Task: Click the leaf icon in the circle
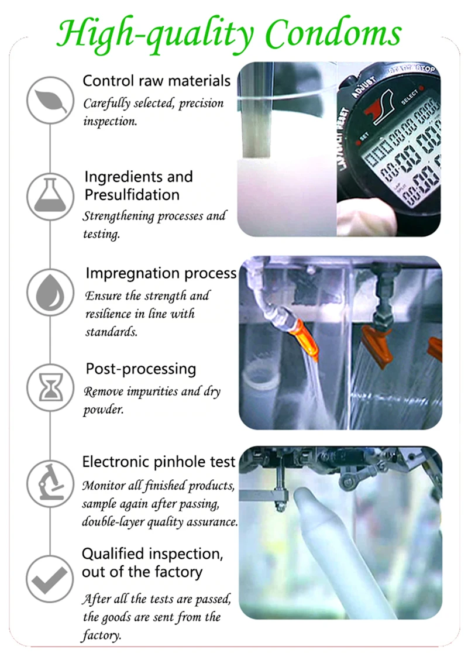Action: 51,101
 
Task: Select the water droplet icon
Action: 50,291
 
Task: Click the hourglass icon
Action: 50,387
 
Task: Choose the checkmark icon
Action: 50,579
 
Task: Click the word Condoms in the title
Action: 333,33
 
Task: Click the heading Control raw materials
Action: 157,81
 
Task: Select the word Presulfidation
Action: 132,195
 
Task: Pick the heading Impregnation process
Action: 161,274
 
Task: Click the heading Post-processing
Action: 141,369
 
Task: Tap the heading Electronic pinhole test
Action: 159,462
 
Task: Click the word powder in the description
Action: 104,410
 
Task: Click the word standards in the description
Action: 111,332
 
